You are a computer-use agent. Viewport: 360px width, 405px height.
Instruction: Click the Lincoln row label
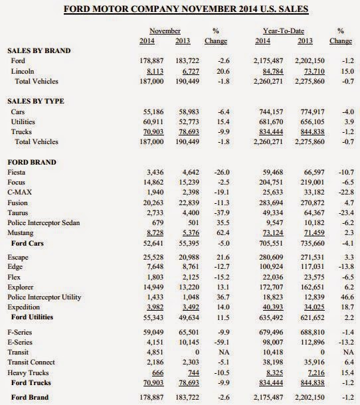[x=24, y=70]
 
